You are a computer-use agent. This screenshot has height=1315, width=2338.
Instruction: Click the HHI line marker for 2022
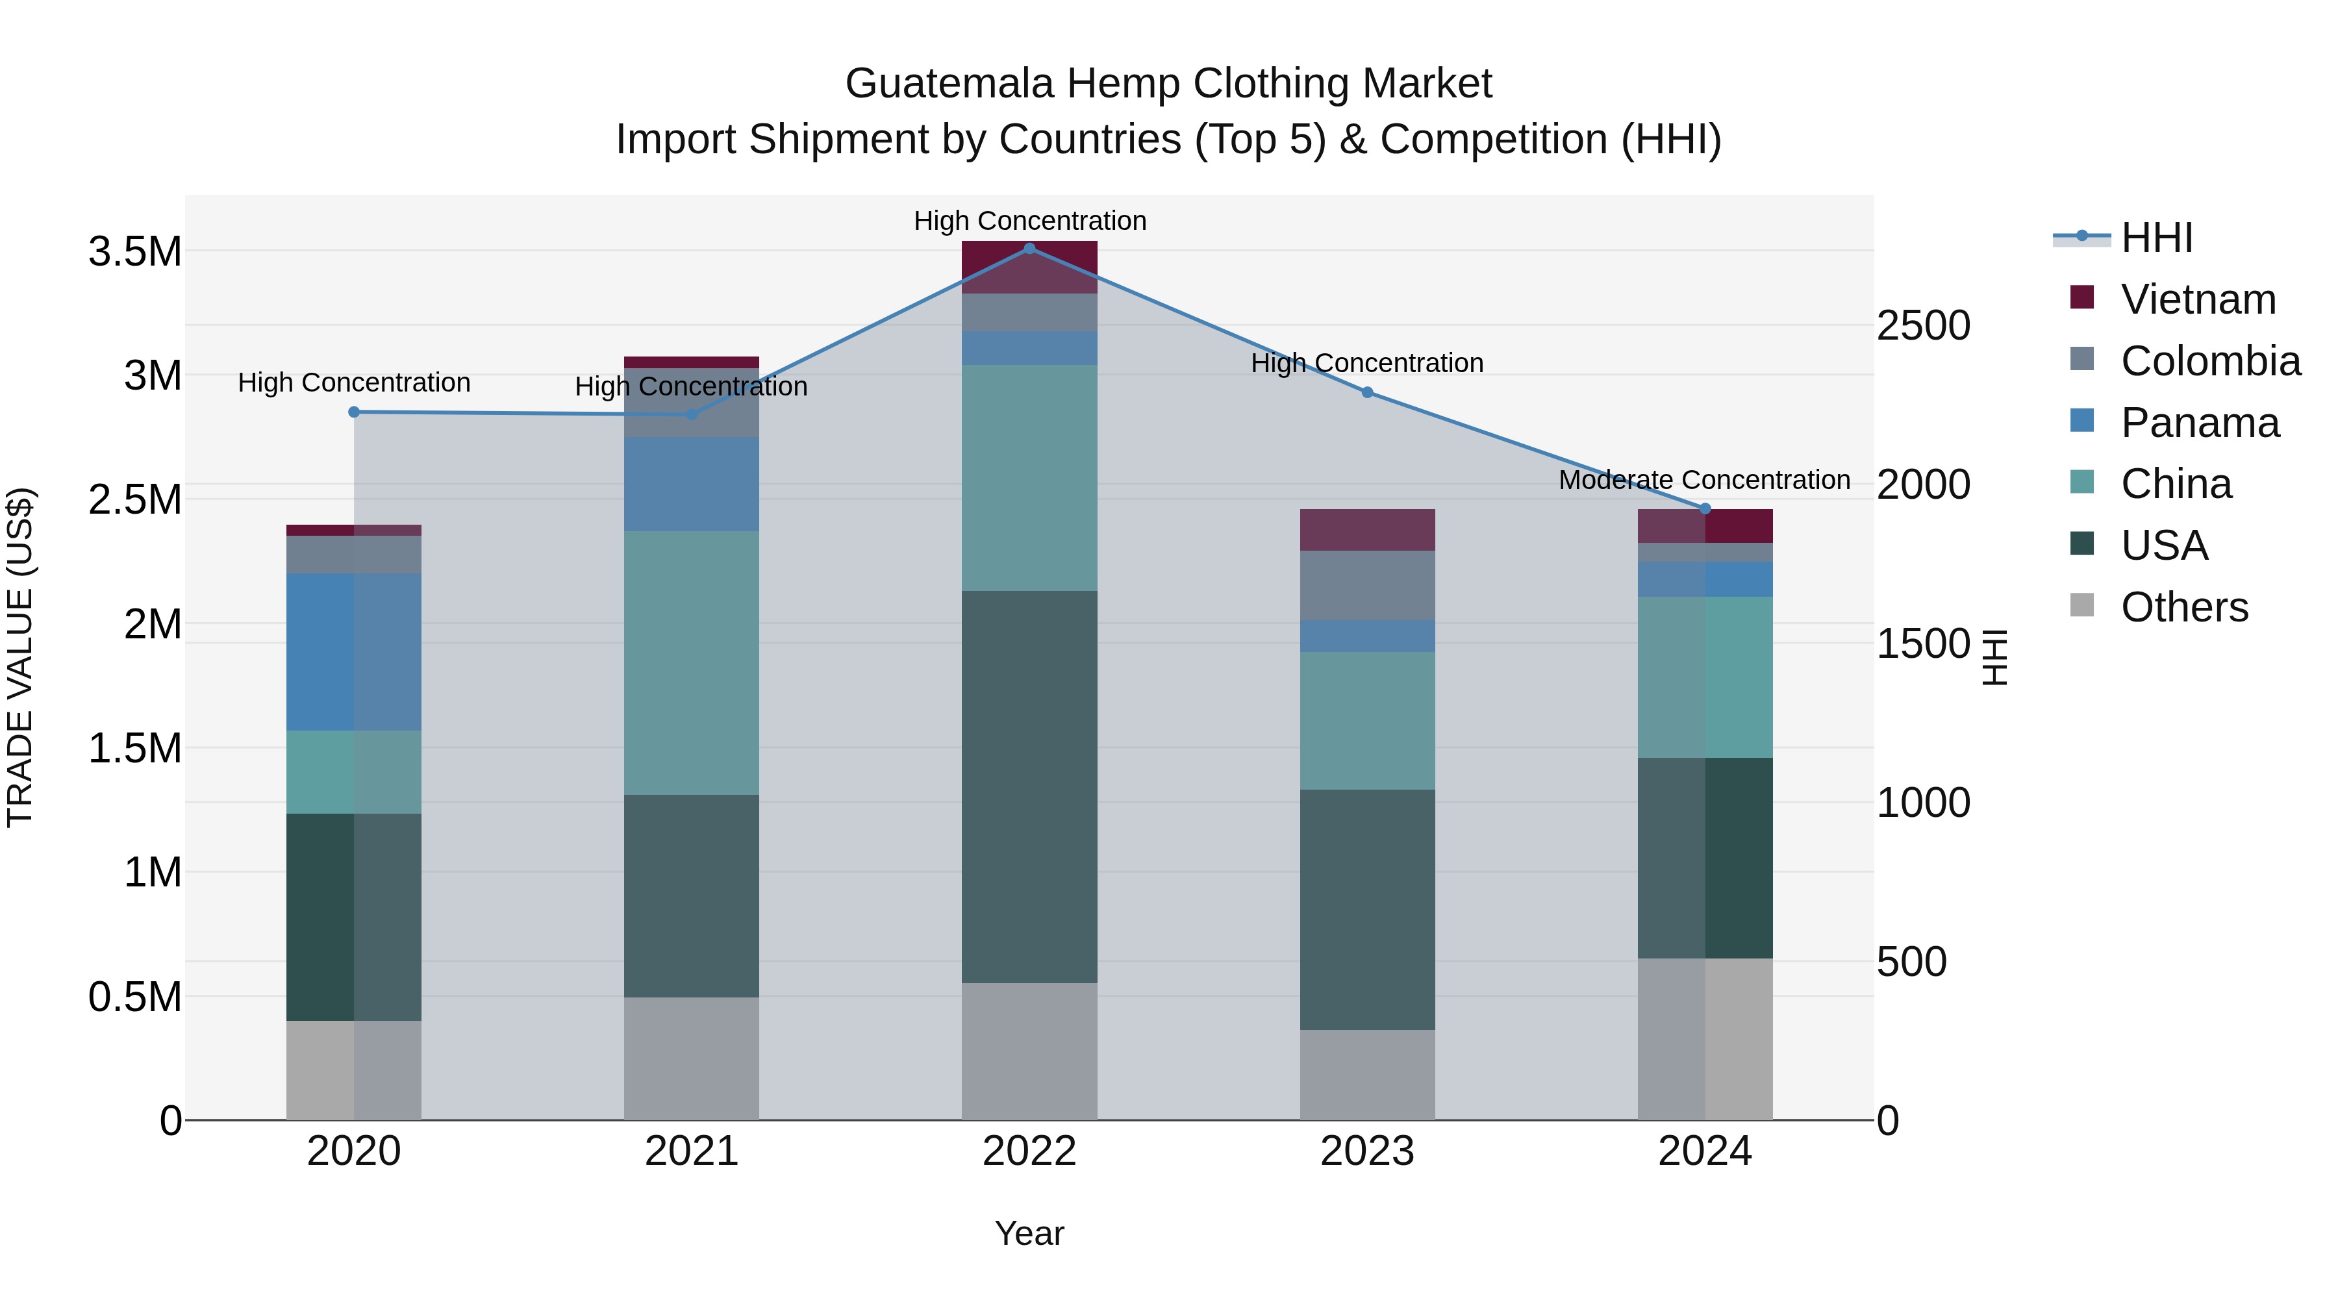(1029, 249)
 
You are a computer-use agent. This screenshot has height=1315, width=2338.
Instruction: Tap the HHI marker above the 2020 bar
(354, 412)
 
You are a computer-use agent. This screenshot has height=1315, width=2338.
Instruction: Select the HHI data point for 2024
(1705, 509)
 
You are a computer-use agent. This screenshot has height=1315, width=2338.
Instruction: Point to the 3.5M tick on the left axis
(134, 251)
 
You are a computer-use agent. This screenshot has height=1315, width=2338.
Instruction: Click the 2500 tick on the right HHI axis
(1923, 326)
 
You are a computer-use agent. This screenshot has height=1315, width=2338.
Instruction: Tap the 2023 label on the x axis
(1367, 1151)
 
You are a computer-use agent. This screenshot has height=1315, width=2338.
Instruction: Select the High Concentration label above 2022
(1029, 221)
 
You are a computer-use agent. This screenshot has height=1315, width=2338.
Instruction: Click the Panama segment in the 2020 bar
(354, 651)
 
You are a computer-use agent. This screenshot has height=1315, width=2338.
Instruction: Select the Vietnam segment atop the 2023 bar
(1367, 530)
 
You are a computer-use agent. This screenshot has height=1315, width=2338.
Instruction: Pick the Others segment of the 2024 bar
(1705, 1038)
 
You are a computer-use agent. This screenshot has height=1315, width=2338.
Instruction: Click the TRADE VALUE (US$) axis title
(20, 657)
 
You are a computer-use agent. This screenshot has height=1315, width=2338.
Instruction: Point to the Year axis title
(1029, 1233)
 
